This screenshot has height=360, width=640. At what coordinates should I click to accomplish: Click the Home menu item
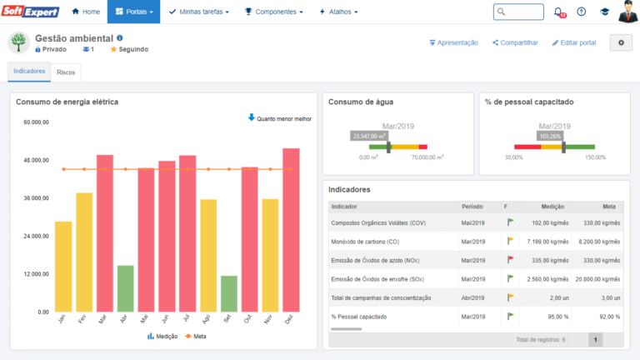point(86,12)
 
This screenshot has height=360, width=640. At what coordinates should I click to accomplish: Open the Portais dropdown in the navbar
point(133,12)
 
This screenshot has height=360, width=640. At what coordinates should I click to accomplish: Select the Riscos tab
point(66,72)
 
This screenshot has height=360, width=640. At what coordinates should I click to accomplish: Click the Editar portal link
point(574,42)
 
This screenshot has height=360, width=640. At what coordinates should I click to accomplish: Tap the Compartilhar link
point(515,42)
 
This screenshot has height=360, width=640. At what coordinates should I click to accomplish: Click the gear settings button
point(621,42)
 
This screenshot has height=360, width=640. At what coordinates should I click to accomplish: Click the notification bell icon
point(558,12)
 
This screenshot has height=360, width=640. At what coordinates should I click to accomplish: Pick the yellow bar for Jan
point(63,267)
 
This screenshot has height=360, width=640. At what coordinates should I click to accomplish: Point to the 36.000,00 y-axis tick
point(37,198)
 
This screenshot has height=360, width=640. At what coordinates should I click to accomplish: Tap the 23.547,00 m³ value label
point(370,135)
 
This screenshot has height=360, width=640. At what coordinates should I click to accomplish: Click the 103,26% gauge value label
point(550,135)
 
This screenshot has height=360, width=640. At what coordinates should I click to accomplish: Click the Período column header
point(472,206)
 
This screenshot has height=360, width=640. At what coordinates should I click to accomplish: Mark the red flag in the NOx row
point(511,259)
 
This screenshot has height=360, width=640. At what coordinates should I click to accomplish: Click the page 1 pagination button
point(595,339)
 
